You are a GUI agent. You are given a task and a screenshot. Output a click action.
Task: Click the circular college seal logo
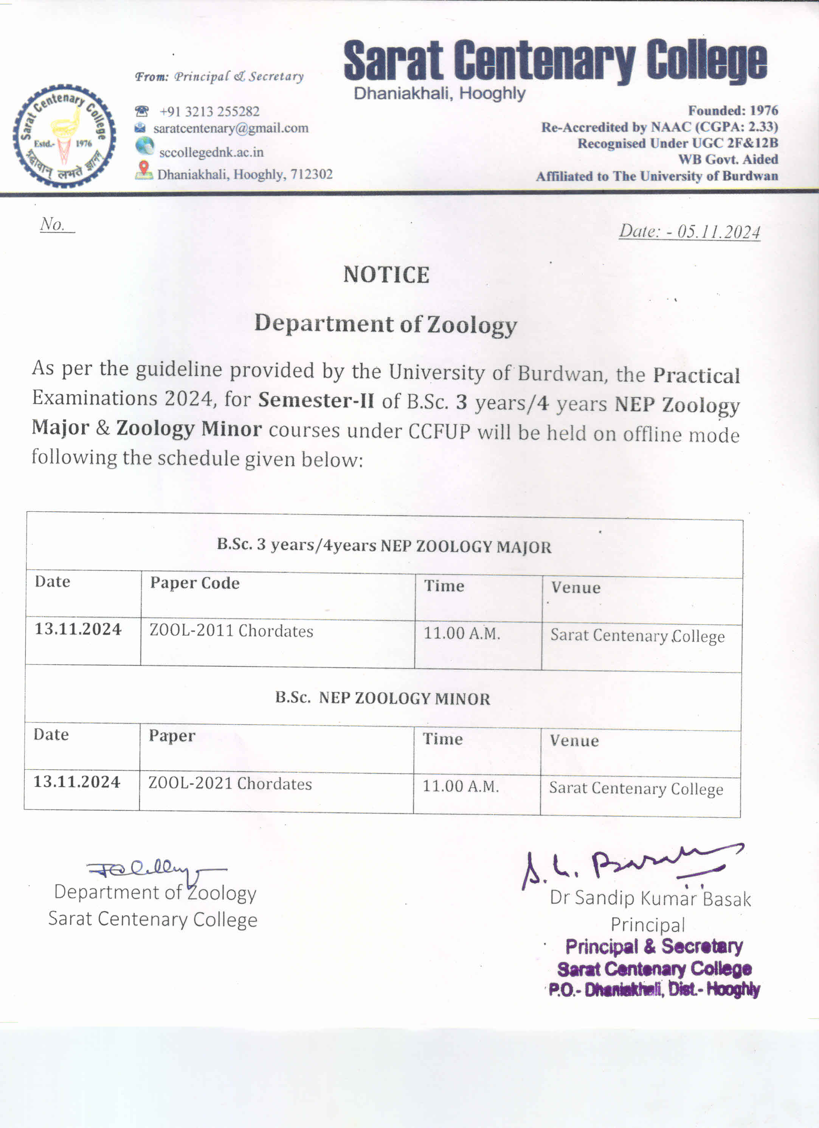tap(64, 136)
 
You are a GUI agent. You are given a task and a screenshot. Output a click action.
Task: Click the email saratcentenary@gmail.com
tap(231, 128)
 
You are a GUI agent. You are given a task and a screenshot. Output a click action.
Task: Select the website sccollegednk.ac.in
tap(211, 152)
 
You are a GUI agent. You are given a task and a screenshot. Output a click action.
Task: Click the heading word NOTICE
tap(386, 275)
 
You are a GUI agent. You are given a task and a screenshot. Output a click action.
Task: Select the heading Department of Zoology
tap(386, 324)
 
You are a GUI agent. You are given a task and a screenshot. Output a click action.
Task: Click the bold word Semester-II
tap(316, 400)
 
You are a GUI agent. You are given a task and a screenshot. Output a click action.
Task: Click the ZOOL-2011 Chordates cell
tap(231, 631)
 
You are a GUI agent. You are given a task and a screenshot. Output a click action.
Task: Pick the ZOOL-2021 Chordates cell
tap(230, 784)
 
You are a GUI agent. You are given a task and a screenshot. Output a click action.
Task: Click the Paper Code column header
tap(195, 583)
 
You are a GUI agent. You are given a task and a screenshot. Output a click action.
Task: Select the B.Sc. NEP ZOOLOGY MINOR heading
tap(382, 698)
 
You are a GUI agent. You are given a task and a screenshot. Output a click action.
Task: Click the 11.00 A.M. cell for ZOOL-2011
tap(462, 634)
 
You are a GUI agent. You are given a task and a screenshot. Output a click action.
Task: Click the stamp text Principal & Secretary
tap(654, 946)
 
